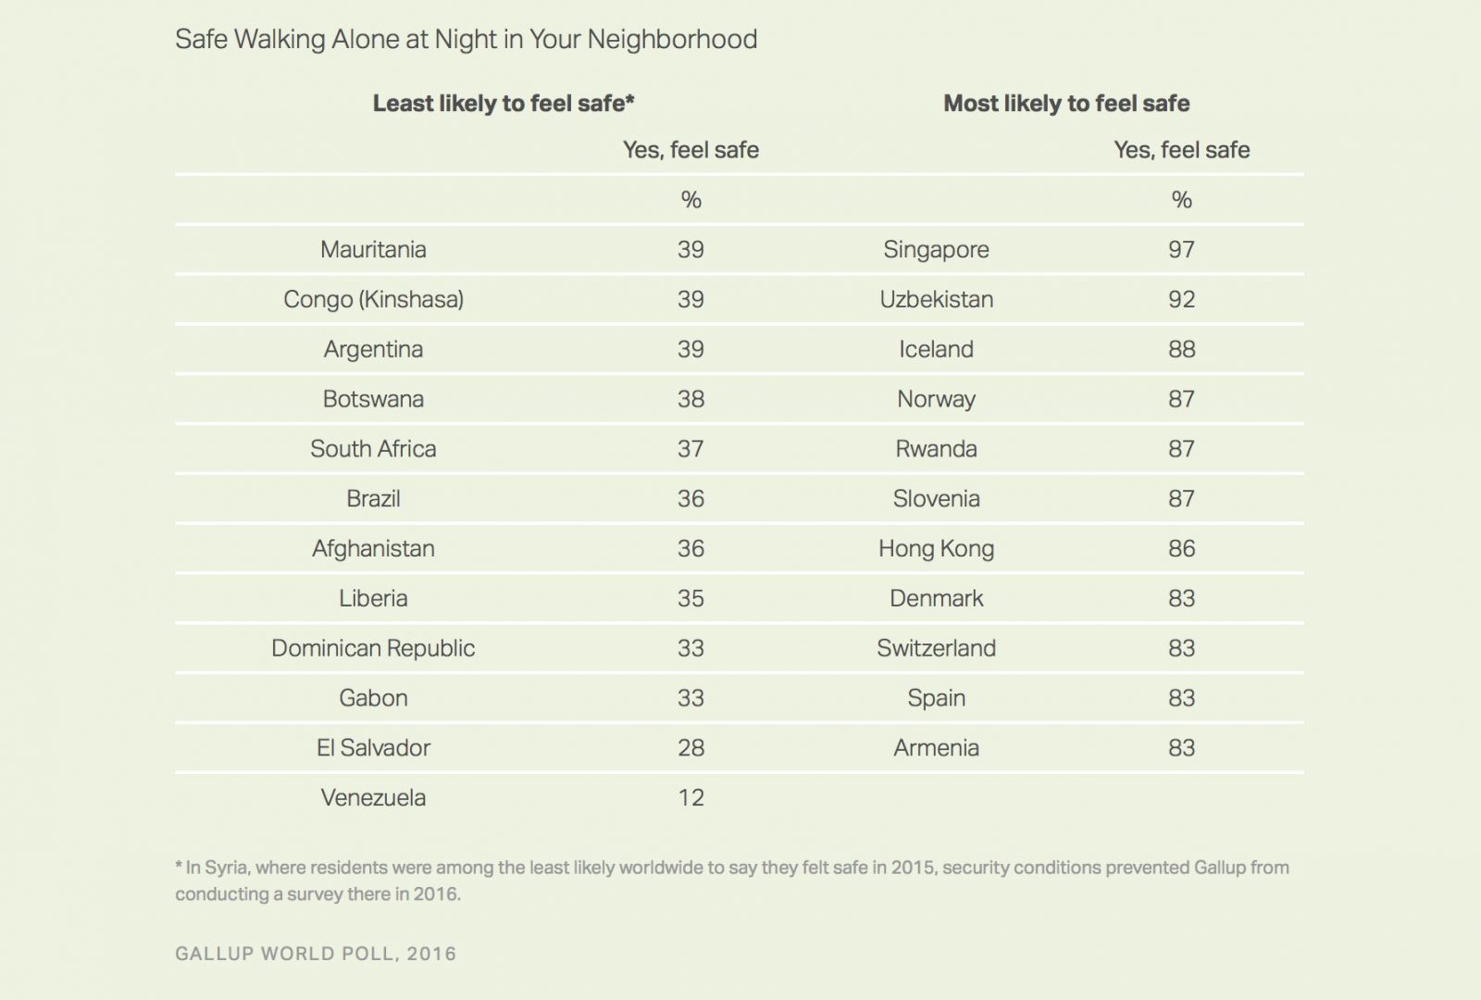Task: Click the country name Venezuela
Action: tap(373, 797)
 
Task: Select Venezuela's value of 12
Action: tap(691, 797)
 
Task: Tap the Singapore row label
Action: tap(936, 249)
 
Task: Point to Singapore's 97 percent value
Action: tap(1181, 249)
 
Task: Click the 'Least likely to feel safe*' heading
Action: tap(504, 103)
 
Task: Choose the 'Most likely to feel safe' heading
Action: tap(1066, 103)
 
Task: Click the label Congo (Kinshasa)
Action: tap(373, 299)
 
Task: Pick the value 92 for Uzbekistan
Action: tap(1181, 299)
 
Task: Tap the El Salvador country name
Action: tap(373, 747)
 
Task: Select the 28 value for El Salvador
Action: tap(691, 747)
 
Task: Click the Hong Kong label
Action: tap(936, 548)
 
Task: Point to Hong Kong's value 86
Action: tap(1181, 548)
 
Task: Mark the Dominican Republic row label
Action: tap(373, 648)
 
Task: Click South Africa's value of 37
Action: tap(691, 449)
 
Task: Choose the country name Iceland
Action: tap(936, 349)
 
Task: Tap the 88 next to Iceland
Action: tap(1181, 349)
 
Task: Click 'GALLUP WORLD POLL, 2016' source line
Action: tap(316, 954)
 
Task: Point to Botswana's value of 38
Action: tap(691, 399)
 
